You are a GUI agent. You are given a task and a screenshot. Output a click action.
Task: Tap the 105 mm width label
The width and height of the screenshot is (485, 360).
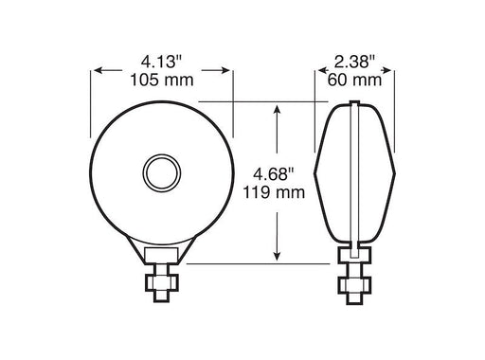161,80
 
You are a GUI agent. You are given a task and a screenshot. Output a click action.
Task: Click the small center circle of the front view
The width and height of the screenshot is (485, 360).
161,173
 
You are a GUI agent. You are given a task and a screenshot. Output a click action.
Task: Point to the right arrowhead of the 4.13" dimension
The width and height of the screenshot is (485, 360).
227,70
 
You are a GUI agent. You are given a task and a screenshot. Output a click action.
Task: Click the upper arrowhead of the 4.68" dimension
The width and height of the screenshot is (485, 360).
276,110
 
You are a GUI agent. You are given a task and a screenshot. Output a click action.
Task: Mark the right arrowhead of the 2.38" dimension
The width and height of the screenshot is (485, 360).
387,70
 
